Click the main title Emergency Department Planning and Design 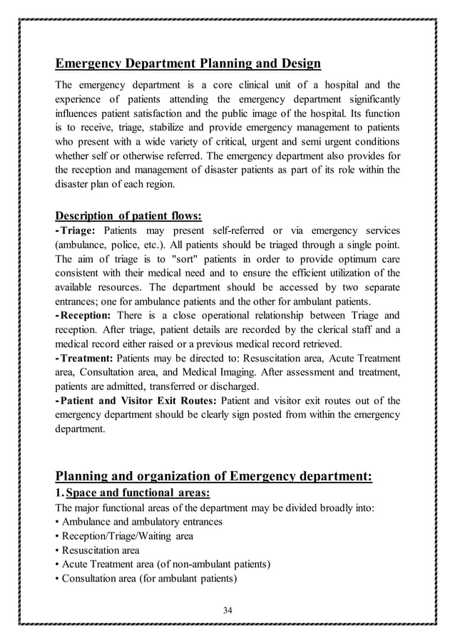click(188, 64)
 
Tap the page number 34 click(227, 609)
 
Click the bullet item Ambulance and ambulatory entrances click(141, 522)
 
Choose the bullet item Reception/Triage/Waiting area click(126, 536)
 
